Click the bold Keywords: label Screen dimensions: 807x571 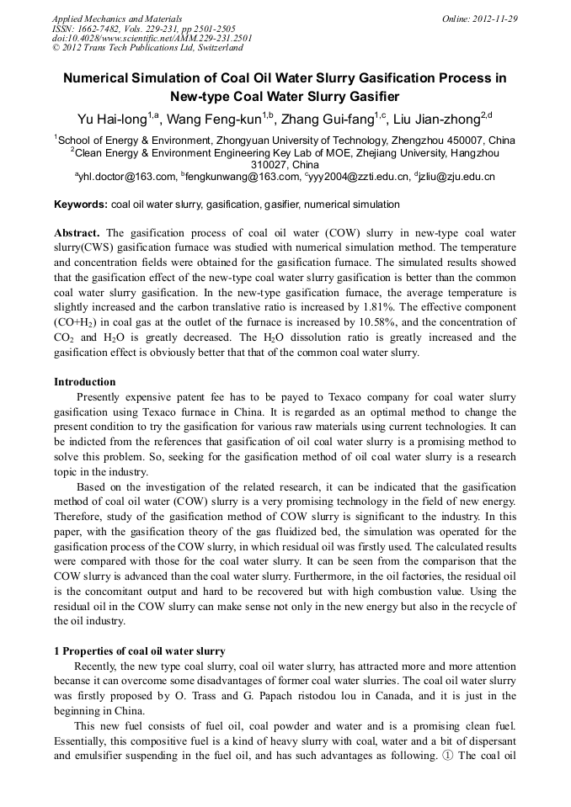pos(81,204)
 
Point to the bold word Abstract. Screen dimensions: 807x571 pos(77,232)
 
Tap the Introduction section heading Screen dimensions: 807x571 pos(85,382)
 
